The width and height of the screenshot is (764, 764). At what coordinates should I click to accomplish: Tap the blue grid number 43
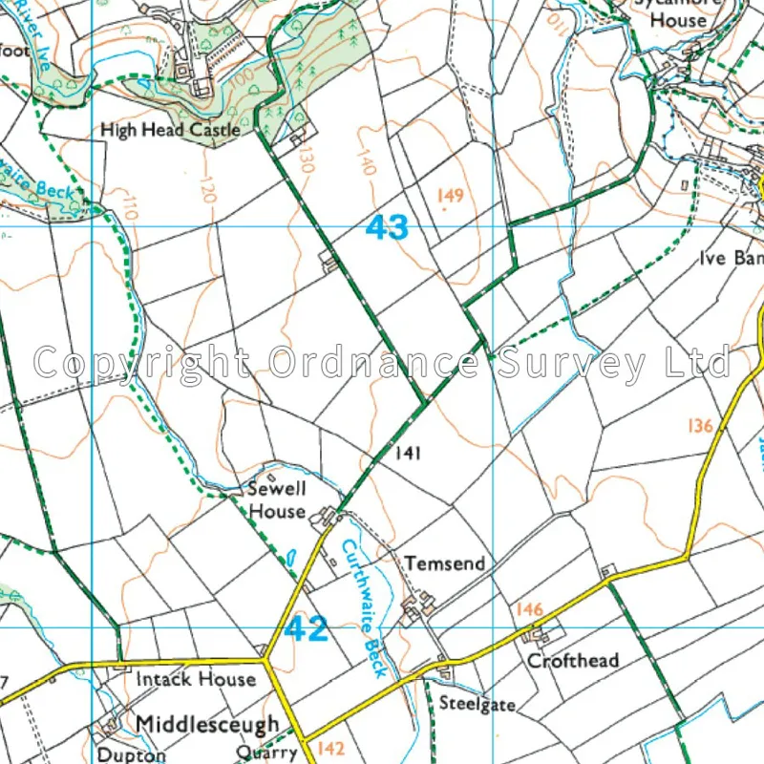pos(387,227)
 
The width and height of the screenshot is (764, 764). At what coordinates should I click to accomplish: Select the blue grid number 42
pos(307,628)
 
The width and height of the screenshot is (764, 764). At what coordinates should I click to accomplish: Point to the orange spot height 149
pos(450,196)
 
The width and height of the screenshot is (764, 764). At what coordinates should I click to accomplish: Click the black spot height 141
pos(408,455)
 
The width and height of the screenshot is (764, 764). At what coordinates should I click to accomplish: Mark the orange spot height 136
pos(700,426)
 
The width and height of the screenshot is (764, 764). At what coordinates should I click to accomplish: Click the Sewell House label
pos(277,499)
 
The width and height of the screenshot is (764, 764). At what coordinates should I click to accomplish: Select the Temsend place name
pos(445,564)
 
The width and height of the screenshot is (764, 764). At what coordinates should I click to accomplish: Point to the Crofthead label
pos(573,660)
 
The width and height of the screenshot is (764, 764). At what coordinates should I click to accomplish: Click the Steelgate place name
pos(477,704)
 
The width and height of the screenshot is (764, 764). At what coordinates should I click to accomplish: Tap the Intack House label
pos(196,679)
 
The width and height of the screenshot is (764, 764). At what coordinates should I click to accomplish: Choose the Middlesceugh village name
pos(207,725)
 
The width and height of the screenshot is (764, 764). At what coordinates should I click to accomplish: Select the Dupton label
pos(131,754)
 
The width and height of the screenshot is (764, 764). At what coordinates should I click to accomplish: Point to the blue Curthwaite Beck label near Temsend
pos(366,607)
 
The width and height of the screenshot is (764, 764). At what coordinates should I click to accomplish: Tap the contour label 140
pos(366,152)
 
